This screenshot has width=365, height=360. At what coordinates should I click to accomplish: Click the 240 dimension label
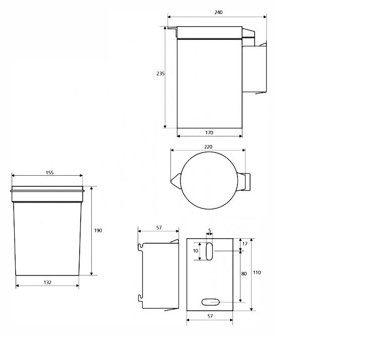218,12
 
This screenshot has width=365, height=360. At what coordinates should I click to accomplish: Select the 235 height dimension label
160,74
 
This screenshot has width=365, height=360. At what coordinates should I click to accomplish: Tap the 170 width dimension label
209,132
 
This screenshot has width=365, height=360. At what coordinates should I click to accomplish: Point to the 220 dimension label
208,147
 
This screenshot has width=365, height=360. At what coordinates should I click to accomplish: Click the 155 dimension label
49,173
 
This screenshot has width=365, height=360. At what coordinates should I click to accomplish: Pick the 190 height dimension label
98,230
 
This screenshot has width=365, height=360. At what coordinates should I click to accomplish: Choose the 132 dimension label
47,282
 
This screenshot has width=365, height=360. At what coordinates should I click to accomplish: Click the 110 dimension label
257,272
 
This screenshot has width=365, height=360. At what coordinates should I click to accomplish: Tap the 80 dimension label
244,273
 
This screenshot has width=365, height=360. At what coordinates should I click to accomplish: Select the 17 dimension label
245,244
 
